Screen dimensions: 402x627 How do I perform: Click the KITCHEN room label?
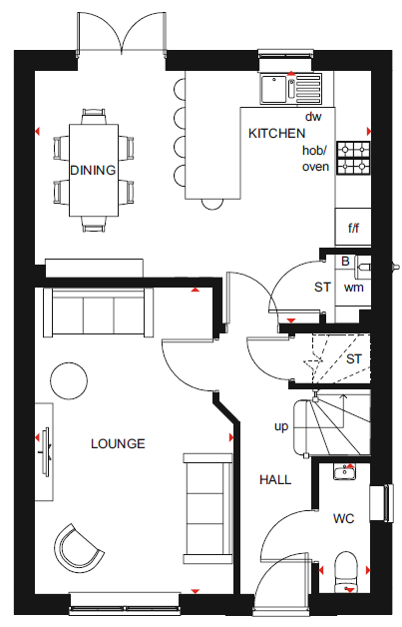click(276, 133)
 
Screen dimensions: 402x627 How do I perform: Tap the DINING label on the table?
click(93, 171)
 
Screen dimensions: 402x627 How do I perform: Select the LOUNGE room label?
click(118, 444)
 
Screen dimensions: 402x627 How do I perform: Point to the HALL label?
click(275, 479)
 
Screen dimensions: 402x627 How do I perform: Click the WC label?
click(344, 518)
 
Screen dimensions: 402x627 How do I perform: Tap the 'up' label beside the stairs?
click(281, 427)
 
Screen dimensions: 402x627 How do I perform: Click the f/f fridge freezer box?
click(353, 227)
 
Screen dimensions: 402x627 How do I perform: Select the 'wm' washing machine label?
click(354, 287)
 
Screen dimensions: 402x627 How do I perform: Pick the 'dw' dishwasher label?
click(313, 117)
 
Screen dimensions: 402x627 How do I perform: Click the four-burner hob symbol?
click(353, 158)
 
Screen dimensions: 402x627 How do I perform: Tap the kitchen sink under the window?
click(291, 89)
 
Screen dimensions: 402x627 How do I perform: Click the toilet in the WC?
click(345, 573)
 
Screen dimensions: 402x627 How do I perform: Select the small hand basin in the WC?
click(345, 472)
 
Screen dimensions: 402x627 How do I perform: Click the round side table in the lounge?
click(69, 380)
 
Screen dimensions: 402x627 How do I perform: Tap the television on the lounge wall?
click(46, 452)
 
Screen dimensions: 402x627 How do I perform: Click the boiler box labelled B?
click(345, 262)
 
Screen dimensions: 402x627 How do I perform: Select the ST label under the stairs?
click(354, 359)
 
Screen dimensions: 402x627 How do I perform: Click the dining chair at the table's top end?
click(94, 117)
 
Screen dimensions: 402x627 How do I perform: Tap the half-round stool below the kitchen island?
click(212, 205)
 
